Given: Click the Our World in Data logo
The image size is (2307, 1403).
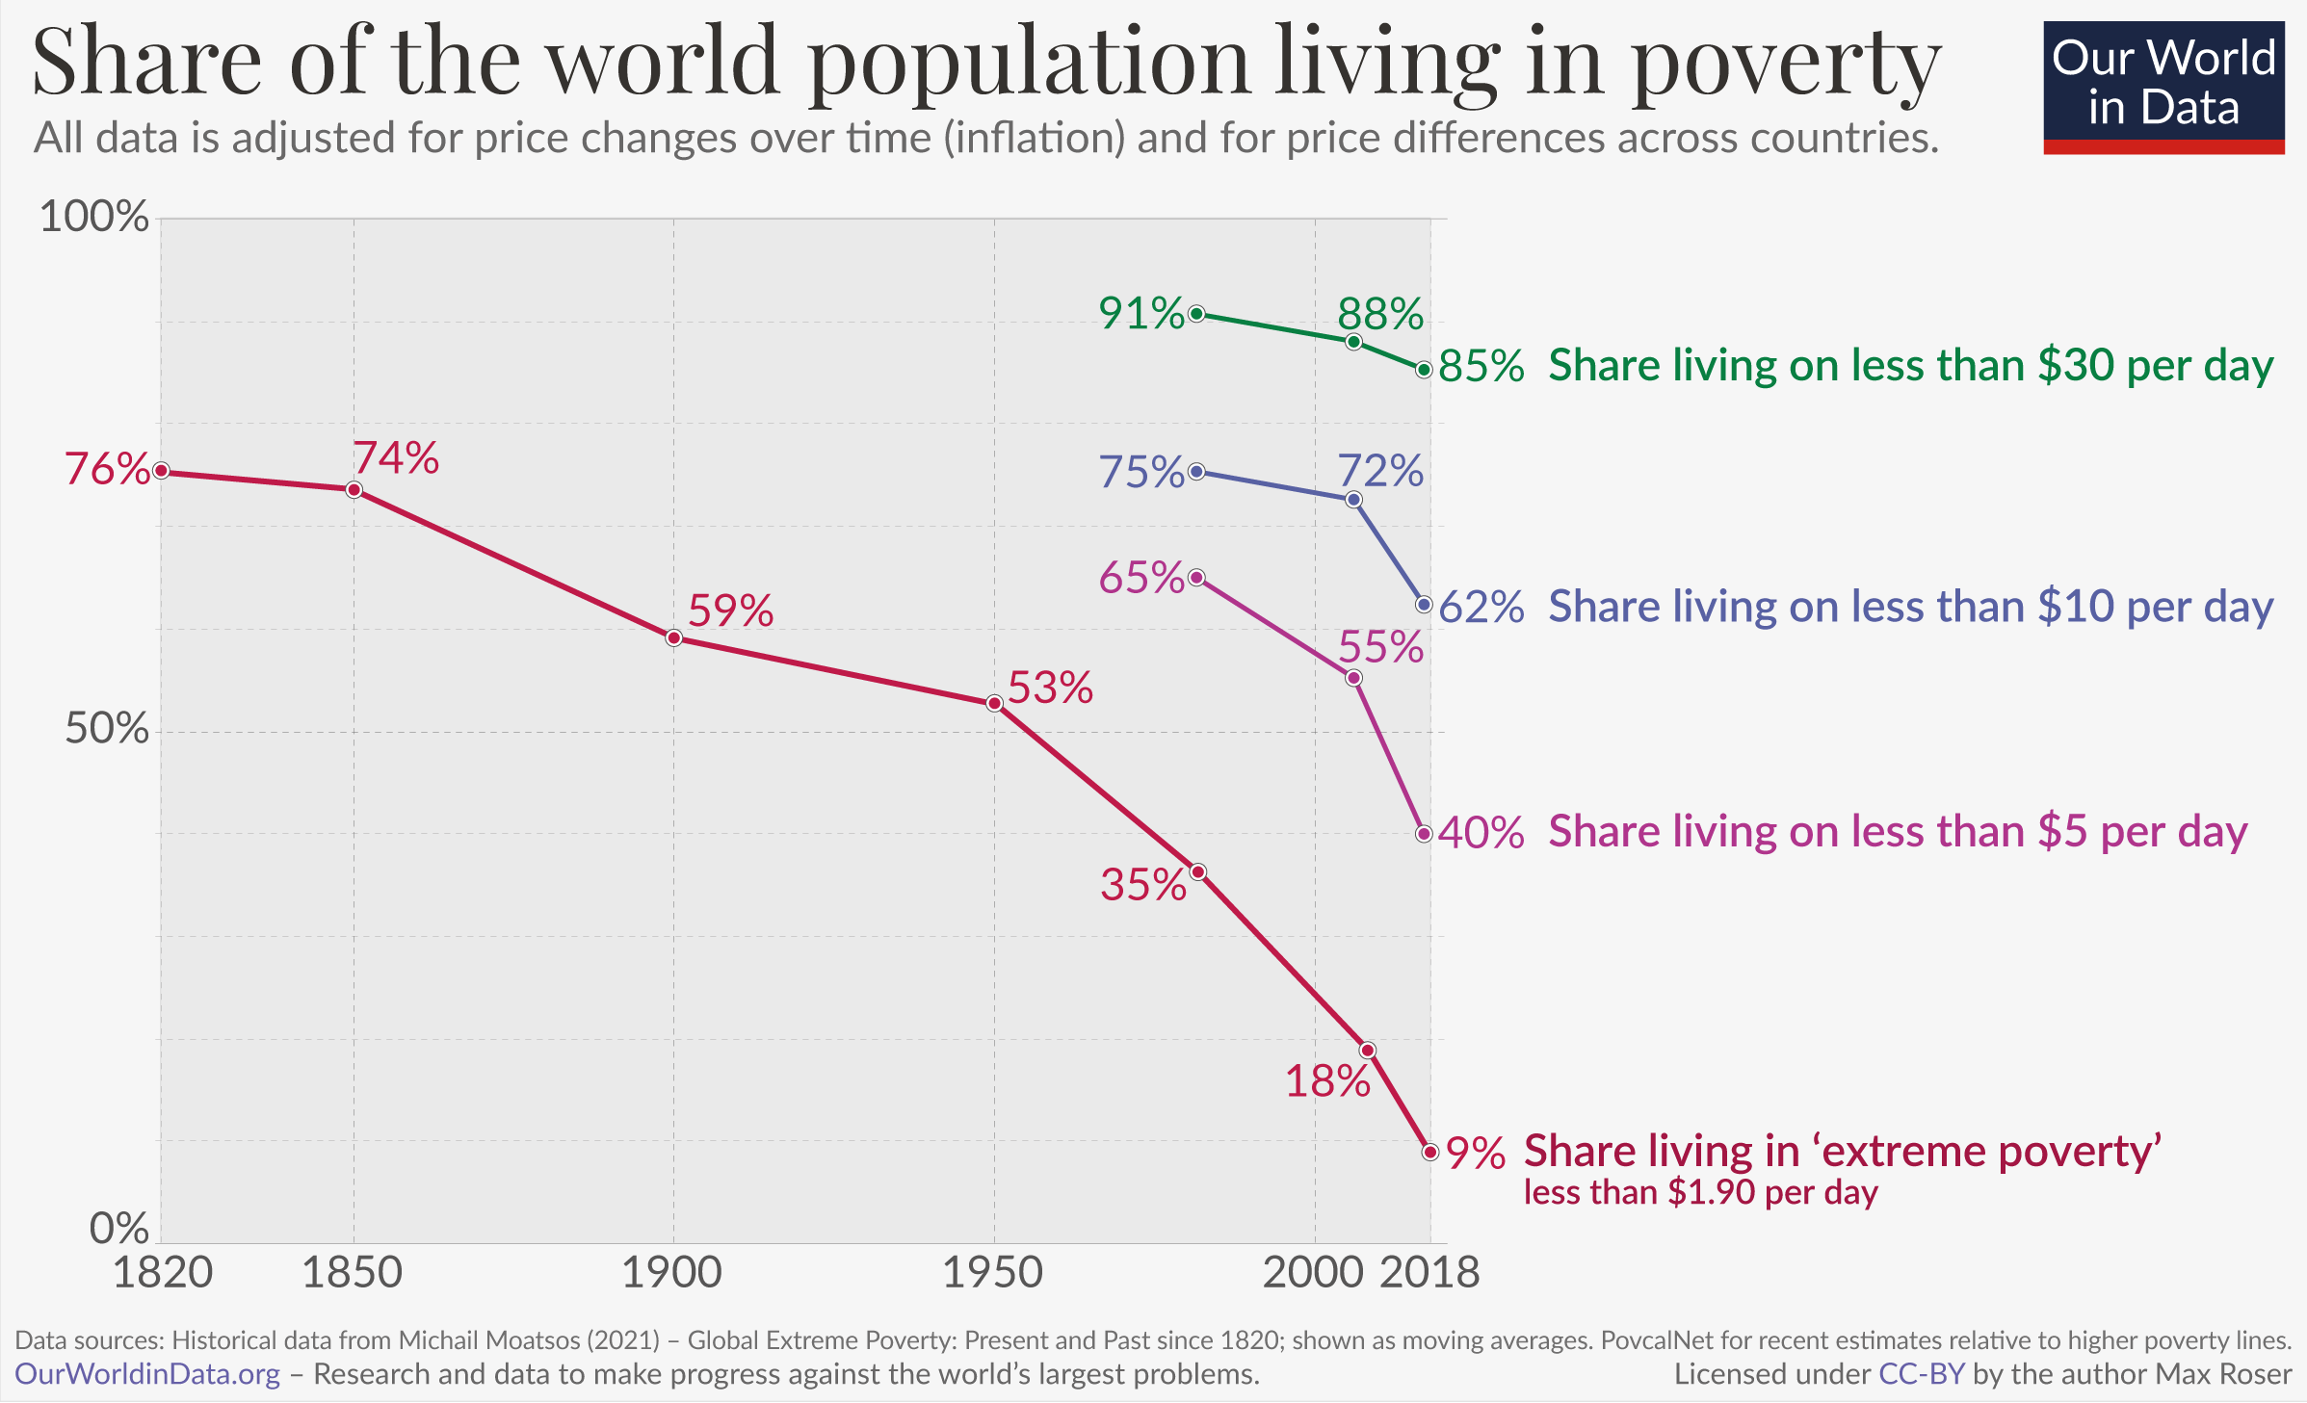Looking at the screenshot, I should click(2163, 87).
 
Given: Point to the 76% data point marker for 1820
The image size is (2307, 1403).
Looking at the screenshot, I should click(162, 471).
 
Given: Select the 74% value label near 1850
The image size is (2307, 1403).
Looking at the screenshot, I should click(396, 458).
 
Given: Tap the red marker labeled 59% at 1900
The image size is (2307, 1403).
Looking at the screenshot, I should click(674, 638).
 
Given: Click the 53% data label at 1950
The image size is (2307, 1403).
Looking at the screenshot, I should click(1050, 689).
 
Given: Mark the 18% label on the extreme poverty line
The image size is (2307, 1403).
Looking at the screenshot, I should click(1327, 1082).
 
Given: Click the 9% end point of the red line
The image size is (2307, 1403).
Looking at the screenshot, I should click(1430, 1152).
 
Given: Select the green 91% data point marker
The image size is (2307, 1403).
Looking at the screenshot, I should click(1197, 314).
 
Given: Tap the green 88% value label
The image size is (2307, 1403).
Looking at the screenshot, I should click(1380, 315).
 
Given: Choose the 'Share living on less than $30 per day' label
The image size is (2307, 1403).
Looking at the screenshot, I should click(1911, 367).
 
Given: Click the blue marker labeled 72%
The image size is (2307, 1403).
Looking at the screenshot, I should click(1354, 500).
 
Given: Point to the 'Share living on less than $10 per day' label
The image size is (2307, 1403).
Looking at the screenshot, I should click(1911, 608).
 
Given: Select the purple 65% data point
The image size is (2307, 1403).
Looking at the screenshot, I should click(1197, 578).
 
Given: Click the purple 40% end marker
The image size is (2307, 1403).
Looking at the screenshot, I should click(1425, 834).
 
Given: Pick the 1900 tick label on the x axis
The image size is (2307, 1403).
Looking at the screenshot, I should click(672, 1273).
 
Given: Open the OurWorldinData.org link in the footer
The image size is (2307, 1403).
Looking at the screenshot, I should click(147, 1374).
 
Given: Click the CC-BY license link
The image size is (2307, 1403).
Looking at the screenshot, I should click(1921, 1374).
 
